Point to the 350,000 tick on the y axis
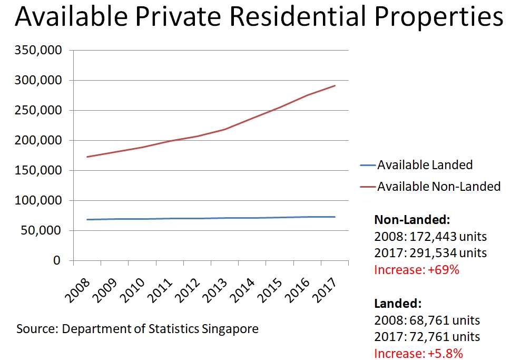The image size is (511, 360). pyautogui.click(x=40, y=51)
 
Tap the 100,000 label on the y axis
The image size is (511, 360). pyautogui.click(x=40, y=201)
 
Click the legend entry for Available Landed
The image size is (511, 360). pyautogui.click(x=425, y=165)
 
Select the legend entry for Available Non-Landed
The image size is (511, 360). pyautogui.click(x=438, y=186)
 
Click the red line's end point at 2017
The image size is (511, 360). pyautogui.click(x=335, y=86)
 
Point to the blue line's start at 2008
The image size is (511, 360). pyautogui.click(x=87, y=219)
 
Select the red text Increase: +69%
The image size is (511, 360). pyautogui.click(x=417, y=270)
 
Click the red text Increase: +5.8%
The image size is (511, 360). pyautogui.click(x=418, y=354)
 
